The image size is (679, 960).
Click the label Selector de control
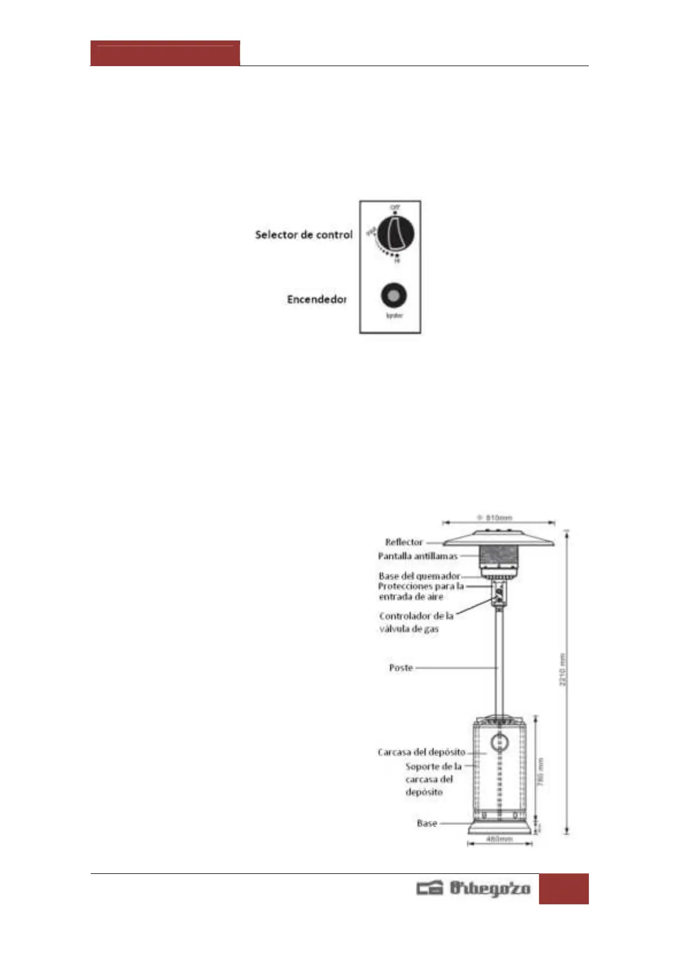click(304, 234)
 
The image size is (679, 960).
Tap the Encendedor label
click(317, 299)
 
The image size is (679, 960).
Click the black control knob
click(395, 233)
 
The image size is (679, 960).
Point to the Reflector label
click(404, 542)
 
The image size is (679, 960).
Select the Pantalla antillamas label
click(418, 556)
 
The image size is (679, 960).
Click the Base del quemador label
click(419, 576)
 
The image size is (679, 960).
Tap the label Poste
click(401, 668)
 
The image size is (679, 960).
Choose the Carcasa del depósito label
click(421, 752)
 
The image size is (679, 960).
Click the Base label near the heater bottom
click(427, 823)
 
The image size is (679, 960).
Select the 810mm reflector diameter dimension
click(499, 518)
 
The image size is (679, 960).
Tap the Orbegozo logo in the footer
click(473, 888)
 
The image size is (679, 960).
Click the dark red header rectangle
click(165, 54)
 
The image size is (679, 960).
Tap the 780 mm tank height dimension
click(541, 771)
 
